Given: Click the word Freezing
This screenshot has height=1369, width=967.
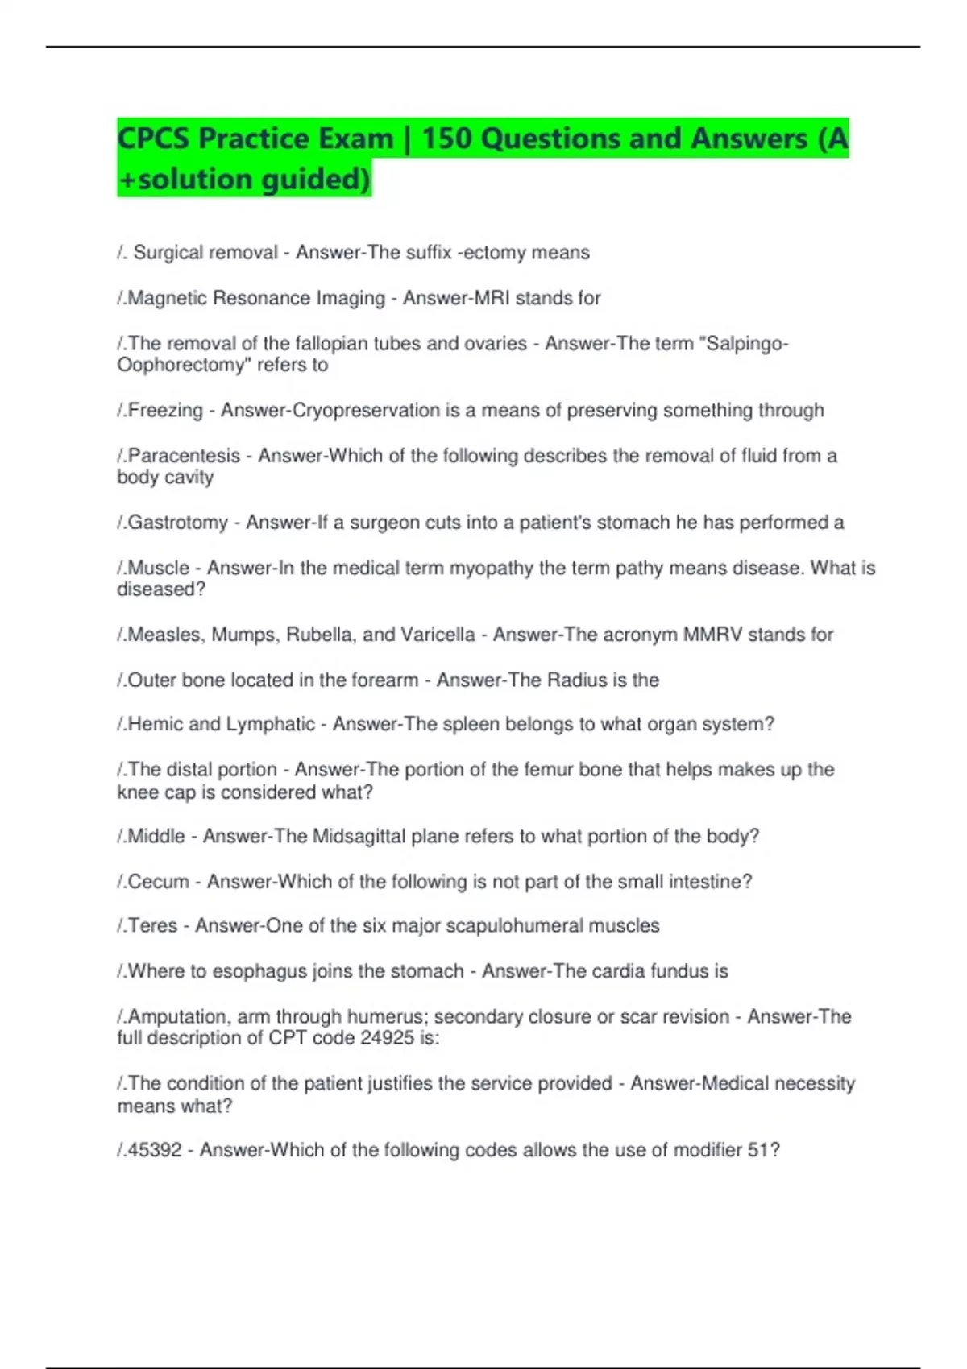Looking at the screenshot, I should (166, 411).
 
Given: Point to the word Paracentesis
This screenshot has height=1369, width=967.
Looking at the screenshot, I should (184, 456).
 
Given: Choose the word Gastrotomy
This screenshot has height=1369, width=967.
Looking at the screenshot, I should (178, 523).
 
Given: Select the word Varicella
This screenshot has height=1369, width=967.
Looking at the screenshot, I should (437, 635).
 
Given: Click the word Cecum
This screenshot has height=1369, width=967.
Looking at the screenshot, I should (159, 882).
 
